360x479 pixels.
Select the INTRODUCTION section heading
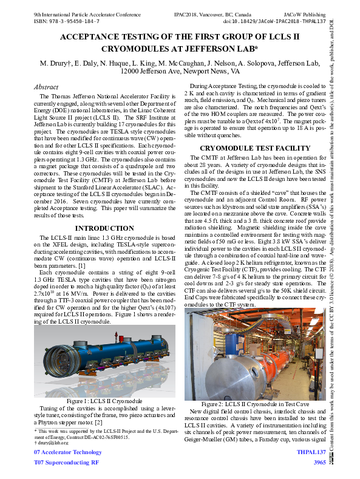click(104, 211)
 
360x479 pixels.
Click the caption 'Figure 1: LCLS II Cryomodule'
click(104, 401)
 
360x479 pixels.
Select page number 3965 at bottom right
click(319, 463)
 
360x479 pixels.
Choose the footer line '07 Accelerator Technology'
click(68, 452)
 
